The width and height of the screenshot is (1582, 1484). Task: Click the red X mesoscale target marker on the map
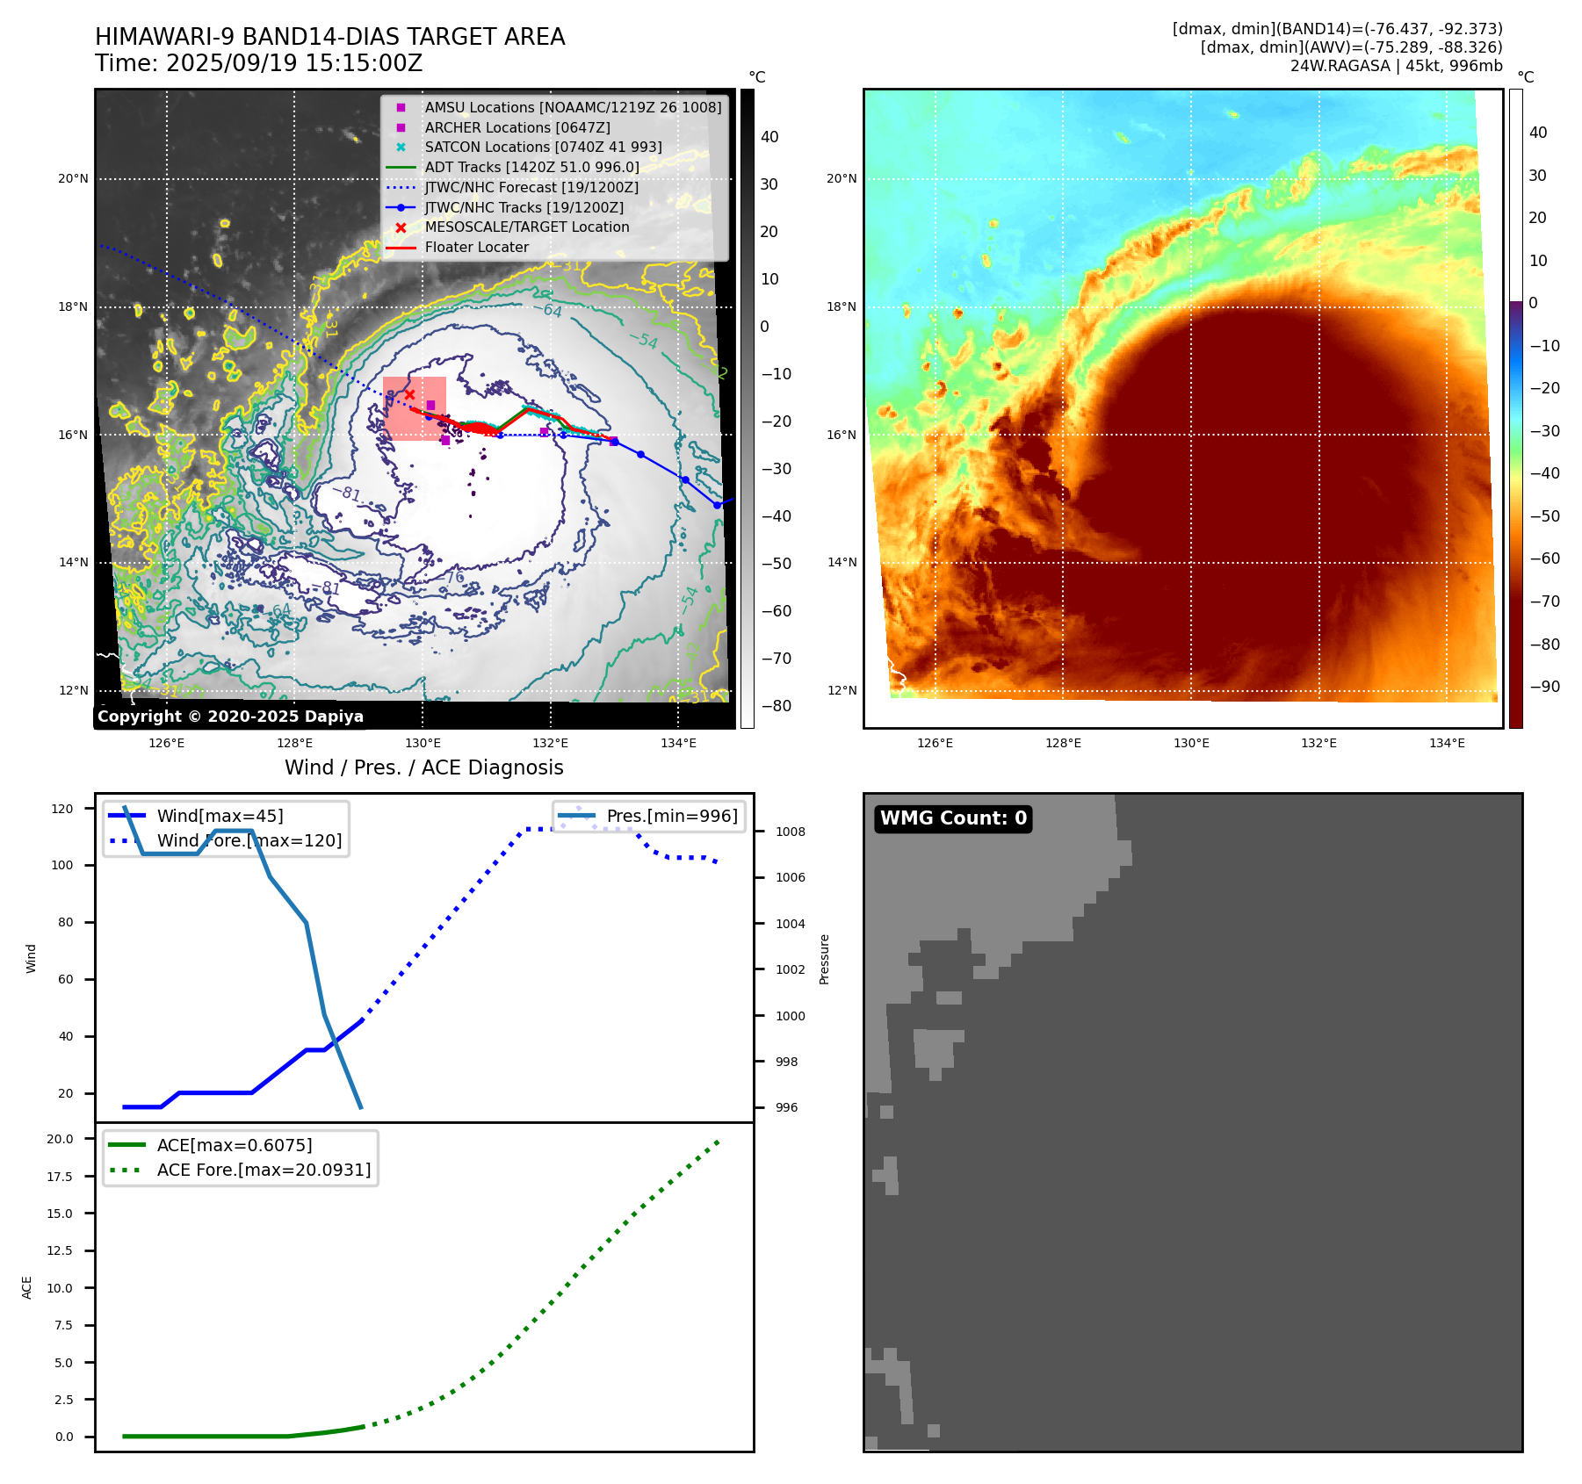[409, 395]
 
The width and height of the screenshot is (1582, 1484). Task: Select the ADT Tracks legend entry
[531, 167]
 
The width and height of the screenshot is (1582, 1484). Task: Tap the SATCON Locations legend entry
[543, 147]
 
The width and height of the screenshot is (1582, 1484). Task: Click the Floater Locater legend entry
[476, 248]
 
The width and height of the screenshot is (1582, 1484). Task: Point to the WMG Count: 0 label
[953, 818]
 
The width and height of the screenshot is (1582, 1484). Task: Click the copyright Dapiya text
[230, 717]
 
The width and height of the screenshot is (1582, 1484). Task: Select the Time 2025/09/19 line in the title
[259, 64]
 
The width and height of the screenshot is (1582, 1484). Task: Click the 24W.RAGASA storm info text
[1396, 66]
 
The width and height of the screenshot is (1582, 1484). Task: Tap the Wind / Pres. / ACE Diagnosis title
[423, 768]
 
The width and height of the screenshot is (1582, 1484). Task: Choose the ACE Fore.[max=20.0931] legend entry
[264, 1171]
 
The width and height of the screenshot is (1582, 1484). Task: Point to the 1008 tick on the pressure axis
[790, 832]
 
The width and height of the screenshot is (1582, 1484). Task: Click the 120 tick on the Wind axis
[63, 809]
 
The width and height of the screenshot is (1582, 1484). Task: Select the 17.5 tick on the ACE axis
[60, 1177]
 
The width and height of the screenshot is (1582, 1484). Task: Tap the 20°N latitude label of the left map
[74, 179]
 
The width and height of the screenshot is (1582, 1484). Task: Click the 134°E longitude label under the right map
[1447, 744]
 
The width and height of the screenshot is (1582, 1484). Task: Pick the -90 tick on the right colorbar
[1544, 687]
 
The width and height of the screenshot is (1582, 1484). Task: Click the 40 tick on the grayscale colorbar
[769, 137]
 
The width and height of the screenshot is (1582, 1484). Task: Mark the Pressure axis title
[825, 959]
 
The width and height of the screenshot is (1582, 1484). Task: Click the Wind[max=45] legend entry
[220, 817]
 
